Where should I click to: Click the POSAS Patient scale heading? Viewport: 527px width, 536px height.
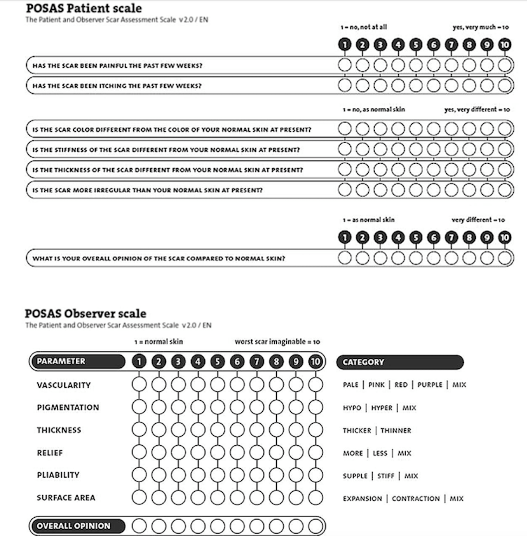84,8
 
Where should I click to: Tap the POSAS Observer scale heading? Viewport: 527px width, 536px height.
85,313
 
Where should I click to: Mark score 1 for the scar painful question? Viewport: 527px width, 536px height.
345,65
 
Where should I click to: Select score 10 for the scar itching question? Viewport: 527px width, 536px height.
505,85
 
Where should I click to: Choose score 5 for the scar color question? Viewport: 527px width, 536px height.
416,129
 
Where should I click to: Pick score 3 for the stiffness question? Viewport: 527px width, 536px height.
380,149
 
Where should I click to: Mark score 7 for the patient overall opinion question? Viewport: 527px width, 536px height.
451,258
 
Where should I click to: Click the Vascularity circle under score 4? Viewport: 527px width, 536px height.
198,384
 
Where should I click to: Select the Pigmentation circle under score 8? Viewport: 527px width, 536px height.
276,407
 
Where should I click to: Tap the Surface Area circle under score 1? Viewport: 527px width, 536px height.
139,498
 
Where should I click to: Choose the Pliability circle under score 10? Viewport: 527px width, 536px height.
316,475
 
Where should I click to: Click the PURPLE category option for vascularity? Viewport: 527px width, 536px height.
430,385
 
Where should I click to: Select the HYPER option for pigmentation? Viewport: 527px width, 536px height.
381,408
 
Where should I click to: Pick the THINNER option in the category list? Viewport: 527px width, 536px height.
395,430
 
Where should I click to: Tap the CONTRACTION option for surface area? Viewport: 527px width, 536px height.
415,499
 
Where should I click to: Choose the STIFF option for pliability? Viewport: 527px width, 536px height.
386,476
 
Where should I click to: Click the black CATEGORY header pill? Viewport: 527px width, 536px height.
400,362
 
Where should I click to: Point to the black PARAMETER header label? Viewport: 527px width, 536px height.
77,361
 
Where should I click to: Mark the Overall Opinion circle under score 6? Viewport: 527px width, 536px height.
237,526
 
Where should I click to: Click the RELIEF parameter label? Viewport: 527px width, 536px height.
50,453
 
